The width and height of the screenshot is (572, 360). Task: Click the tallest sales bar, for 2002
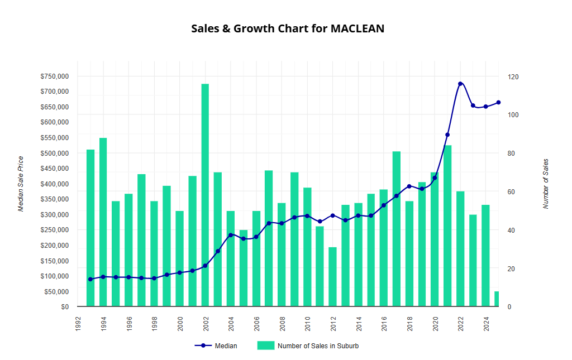[205, 195]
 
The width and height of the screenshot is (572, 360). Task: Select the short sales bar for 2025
[497, 299]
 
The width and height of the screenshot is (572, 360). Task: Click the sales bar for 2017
[397, 229]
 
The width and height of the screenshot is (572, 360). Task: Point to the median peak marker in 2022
[460, 84]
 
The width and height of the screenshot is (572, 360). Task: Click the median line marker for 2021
[447, 135]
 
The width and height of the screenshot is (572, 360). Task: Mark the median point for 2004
[231, 235]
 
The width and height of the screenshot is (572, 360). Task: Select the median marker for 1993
[90, 279]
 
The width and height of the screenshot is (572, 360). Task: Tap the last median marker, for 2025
[498, 103]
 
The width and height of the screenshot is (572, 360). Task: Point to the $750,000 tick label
[55, 76]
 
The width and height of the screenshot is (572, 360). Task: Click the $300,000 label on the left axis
[55, 215]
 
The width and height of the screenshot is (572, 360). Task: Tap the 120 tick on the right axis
[512, 76]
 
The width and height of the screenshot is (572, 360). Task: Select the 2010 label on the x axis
[307, 324]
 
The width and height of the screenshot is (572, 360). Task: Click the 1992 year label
[78, 324]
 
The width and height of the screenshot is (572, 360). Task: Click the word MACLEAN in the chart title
[357, 28]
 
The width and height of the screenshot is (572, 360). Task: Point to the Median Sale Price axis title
[21, 184]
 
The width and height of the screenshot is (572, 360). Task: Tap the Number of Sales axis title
[546, 184]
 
